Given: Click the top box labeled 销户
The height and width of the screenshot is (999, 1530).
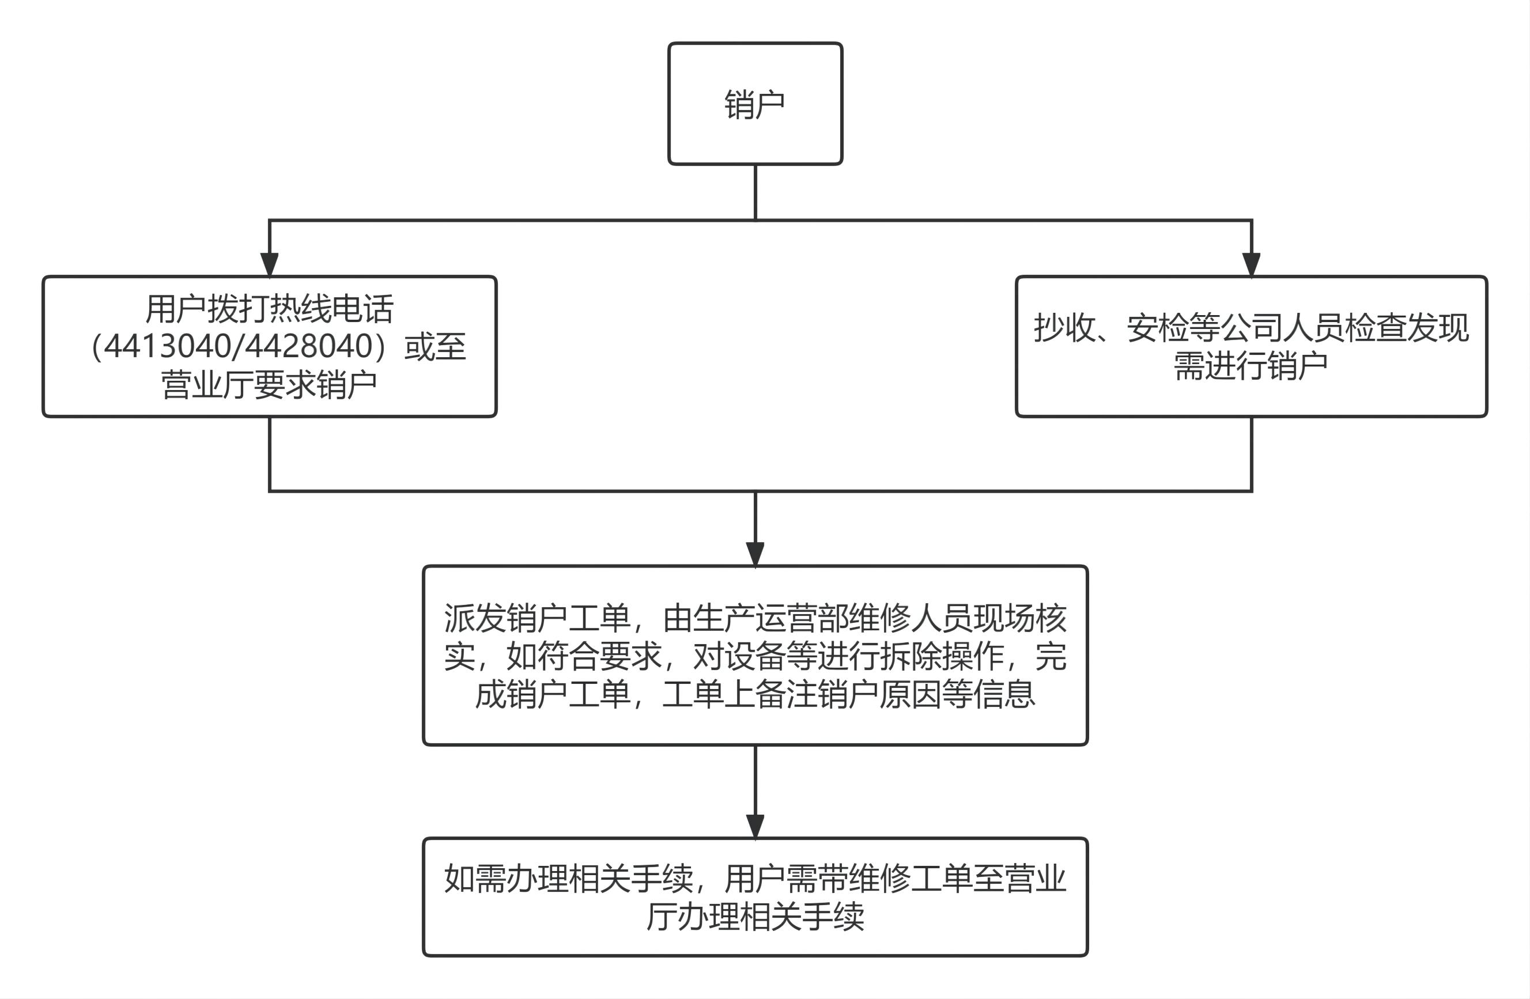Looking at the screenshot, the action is pos(755,104).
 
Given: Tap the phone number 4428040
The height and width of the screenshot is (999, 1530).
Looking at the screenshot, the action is pos(310,346).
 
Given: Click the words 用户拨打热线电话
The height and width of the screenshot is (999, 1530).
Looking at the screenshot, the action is pos(269,309).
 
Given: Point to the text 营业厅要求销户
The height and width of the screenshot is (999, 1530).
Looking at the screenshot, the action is pos(269,384).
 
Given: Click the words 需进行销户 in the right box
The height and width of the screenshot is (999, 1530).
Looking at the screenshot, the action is pos(1251,366).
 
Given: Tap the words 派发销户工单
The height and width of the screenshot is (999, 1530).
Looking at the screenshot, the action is pos(537,618).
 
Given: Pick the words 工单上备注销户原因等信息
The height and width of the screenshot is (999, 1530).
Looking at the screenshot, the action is pos(849,694).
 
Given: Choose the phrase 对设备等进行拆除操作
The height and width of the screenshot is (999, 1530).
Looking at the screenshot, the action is pos(849,656).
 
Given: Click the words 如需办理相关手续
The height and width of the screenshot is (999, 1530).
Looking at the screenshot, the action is pos(568,879).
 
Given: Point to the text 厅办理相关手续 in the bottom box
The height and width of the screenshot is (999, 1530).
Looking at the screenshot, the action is pos(755,917).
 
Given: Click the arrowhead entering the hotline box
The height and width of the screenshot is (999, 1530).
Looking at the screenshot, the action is pos(269,264).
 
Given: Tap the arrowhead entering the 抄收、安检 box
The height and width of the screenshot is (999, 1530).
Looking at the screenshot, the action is pos(1251,264).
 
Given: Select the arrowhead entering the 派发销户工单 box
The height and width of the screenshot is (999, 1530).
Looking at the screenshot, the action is pos(755,554).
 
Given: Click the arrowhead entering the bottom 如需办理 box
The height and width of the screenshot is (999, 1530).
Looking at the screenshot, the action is pos(755,827).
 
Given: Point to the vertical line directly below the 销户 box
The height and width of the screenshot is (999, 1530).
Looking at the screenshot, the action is pos(755,193).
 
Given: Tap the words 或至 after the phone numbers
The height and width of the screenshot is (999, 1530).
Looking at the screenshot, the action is pos(435,346).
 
